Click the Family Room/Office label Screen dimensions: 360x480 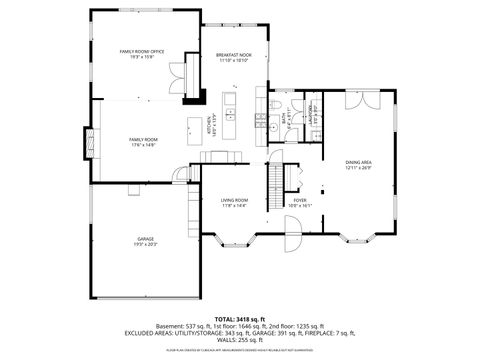[x=143, y=53]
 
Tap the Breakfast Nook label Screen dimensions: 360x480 [x=233, y=58]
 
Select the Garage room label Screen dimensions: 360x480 [x=146, y=241]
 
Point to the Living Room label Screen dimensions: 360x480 [x=234, y=203]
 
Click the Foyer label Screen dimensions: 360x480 [x=299, y=203]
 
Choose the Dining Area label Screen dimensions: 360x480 [x=359, y=164]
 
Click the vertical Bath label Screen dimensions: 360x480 [x=285, y=118]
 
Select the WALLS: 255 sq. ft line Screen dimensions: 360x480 [x=240, y=339]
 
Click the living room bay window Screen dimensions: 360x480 [x=232, y=240]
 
